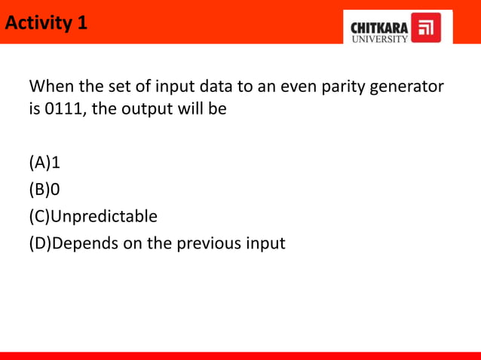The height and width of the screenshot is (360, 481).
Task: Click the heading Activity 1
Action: coord(46,23)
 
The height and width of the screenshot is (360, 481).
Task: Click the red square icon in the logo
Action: coord(426,28)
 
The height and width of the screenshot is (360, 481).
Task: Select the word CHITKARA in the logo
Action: coord(380,27)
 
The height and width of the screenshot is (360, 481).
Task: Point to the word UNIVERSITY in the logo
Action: coord(380,38)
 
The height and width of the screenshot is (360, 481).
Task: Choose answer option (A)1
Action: coord(44,163)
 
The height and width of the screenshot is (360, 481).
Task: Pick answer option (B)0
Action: coord(44,190)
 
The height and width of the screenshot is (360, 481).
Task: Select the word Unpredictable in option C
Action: coord(104,217)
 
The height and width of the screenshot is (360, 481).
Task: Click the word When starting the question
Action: coord(51,86)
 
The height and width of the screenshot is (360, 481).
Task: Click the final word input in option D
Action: coord(265,244)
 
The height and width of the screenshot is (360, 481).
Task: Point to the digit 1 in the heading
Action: coord(81,23)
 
